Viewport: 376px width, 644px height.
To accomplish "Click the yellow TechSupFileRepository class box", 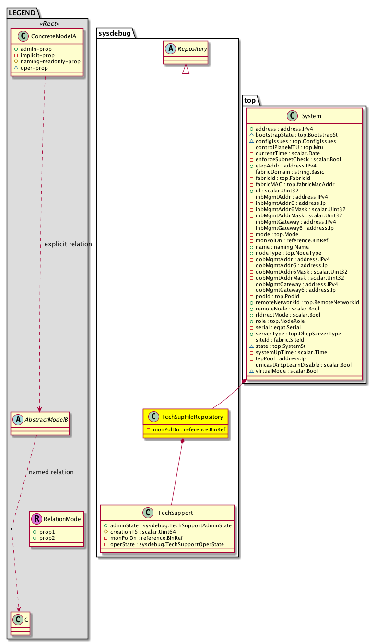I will tap(185, 423).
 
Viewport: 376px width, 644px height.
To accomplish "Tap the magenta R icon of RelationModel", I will tap(36, 519).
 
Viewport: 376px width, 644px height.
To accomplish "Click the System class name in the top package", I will tap(312, 116).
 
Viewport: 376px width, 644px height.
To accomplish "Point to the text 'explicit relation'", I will tap(68, 244).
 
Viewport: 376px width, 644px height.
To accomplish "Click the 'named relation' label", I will tap(51, 472).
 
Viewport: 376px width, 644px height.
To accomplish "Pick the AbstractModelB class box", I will tap(40, 422).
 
